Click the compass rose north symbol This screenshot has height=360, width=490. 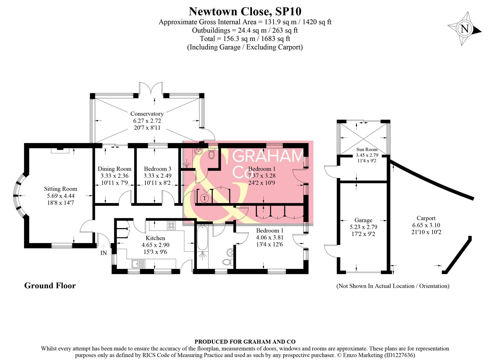(464, 29)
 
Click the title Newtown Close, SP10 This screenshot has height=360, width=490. (245, 11)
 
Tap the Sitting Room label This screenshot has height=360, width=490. (60, 189)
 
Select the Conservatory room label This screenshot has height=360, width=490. (147, 114)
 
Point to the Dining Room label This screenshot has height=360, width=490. (114, 169)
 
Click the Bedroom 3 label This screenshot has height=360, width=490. (157, 169)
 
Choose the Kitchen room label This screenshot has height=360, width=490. (155, 238)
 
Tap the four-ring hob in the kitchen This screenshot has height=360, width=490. (171, 226)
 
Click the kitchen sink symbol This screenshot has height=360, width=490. (138, 264)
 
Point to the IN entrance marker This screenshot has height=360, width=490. (104, 253)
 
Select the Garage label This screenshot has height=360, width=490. (363, 220)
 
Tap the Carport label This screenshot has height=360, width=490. (426, 218)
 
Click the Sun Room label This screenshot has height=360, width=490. (367, 149)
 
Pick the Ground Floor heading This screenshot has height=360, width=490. (50, 286)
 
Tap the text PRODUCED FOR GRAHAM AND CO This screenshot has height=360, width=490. (245, 342)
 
